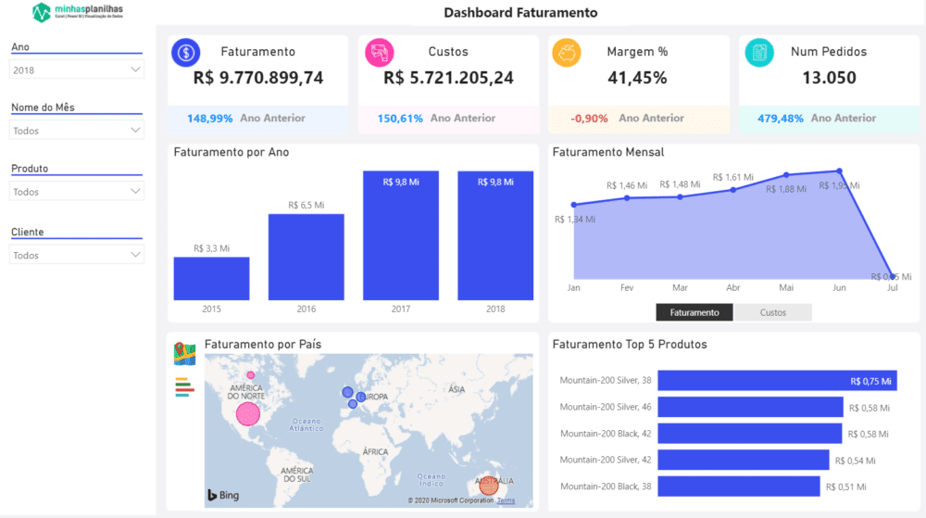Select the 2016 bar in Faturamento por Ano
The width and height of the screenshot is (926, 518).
coord(306,257)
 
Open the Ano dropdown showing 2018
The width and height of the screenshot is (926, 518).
coord(77,69)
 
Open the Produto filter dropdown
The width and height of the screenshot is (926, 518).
coord(77,192)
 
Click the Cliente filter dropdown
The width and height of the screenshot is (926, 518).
coord(77,255)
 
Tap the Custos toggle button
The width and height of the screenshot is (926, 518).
coord(773,312)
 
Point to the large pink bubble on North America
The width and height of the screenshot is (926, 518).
coord(248,413)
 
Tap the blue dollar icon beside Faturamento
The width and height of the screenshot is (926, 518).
coord(186,53)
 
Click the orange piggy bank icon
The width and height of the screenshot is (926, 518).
coord(566,53)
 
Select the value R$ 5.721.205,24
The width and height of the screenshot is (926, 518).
coord(448,78)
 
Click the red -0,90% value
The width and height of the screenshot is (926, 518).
coord(589,119)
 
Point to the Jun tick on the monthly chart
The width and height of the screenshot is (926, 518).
coord(839,288)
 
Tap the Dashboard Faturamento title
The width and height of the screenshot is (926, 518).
coord(520,13)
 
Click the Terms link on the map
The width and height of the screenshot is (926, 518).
coord(506,500)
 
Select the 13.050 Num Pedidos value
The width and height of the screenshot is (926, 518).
coord(829,78)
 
